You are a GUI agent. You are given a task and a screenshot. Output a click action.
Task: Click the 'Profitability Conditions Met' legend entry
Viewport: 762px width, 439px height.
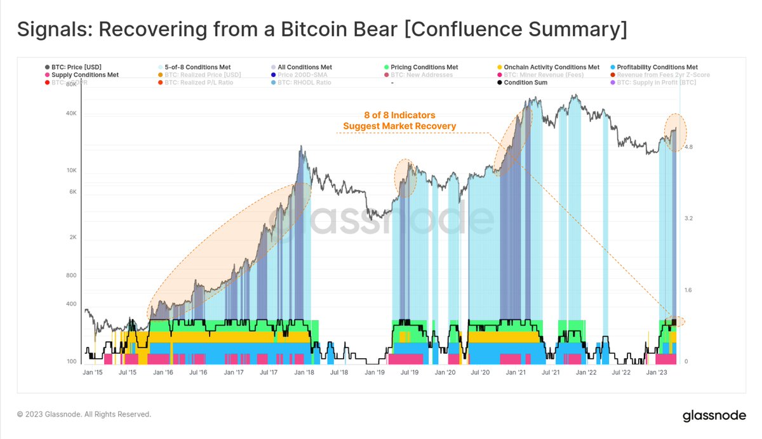[x=657, y=67]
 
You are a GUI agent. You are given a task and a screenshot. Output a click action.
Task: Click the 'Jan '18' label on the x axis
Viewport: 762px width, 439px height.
[x=304, y=373]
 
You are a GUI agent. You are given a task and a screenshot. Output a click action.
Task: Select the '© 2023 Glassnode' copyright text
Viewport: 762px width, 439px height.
[x=84, y=414]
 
